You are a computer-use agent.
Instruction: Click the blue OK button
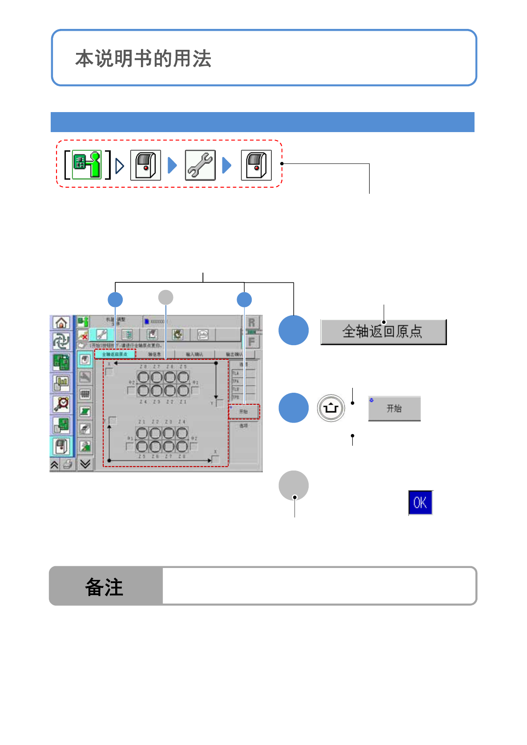[x=420, y=503]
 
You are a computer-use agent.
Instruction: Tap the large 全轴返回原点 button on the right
[x=383, y=332]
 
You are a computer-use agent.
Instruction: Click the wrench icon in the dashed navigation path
[x=200, y=165]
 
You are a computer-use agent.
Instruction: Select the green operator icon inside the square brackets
[x=87, y=165]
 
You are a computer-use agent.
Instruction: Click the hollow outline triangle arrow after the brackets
[x=119, y=166]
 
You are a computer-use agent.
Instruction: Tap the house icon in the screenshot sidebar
[x=61, y=322]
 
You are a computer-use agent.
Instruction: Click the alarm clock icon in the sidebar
[x=61, y=404]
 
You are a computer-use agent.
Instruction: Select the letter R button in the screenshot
[x=252, y=322]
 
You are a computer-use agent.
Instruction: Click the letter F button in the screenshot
[x=252, y=342]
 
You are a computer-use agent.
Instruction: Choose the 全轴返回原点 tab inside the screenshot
[x=115, y=354]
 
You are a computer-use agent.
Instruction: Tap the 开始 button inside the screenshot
[x=244, y=412]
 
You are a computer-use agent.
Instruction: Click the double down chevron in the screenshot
[x=85, y=464]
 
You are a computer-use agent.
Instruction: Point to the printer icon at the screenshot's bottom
[x=68, y=465]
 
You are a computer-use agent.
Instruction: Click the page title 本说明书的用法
[x=143, y=59]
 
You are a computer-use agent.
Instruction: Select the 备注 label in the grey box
[x=104, y=587]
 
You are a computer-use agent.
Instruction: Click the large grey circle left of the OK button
[x=294, y=485]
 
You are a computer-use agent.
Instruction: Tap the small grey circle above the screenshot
[x=166, y=297]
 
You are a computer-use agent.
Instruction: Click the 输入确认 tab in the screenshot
[x=194, y=354]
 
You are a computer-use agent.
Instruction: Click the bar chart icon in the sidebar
[x=61, y=383]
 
